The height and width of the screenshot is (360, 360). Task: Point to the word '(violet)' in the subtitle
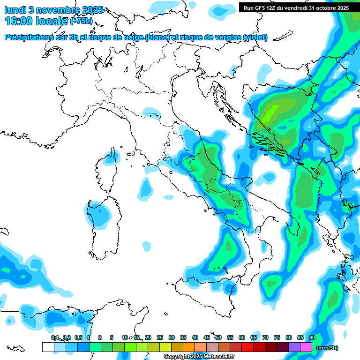click(255, 37)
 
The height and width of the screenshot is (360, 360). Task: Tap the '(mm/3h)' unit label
click(327, 348)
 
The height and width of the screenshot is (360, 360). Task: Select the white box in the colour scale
click(48, 347)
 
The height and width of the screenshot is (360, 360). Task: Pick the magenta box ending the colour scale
click(306, 347)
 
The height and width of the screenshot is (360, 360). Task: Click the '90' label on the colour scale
click(312, 337)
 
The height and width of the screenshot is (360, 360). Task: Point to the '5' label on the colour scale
click(112, 337)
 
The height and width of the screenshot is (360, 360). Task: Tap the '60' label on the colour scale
click(241, 337)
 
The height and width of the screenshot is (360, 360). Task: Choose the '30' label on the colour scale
click(171, 337)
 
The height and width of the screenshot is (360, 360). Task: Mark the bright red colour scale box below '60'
click(247, 347)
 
